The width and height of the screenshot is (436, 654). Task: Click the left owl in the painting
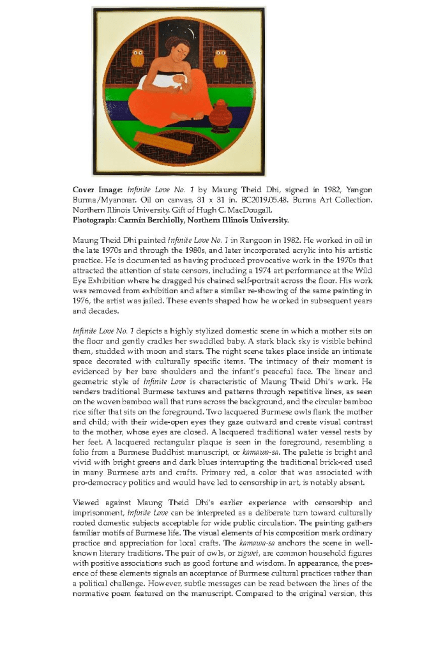coord(137,58)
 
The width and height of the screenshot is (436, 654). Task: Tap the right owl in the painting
coord(220,59)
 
